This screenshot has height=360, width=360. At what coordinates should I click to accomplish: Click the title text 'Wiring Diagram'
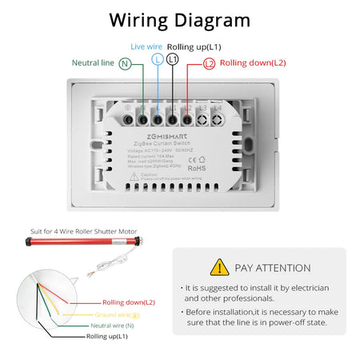pos(179,20)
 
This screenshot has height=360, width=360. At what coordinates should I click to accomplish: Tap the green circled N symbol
pos(125,62)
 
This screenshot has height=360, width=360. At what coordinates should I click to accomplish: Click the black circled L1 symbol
pos(172,59)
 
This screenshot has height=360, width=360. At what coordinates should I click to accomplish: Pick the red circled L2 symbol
pos(209,62)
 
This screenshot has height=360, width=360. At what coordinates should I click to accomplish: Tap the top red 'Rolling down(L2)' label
pos(253,62)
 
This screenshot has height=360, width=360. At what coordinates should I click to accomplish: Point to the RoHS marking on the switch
pos(196,168)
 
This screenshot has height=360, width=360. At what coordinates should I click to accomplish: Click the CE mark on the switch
pos(193,158)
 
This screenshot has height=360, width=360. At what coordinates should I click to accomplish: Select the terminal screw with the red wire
pos(186,119)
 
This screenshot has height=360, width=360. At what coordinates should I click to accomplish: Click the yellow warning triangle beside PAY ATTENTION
pos(218,267)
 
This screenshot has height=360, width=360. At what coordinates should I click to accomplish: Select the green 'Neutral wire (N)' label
pos(112,326)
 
